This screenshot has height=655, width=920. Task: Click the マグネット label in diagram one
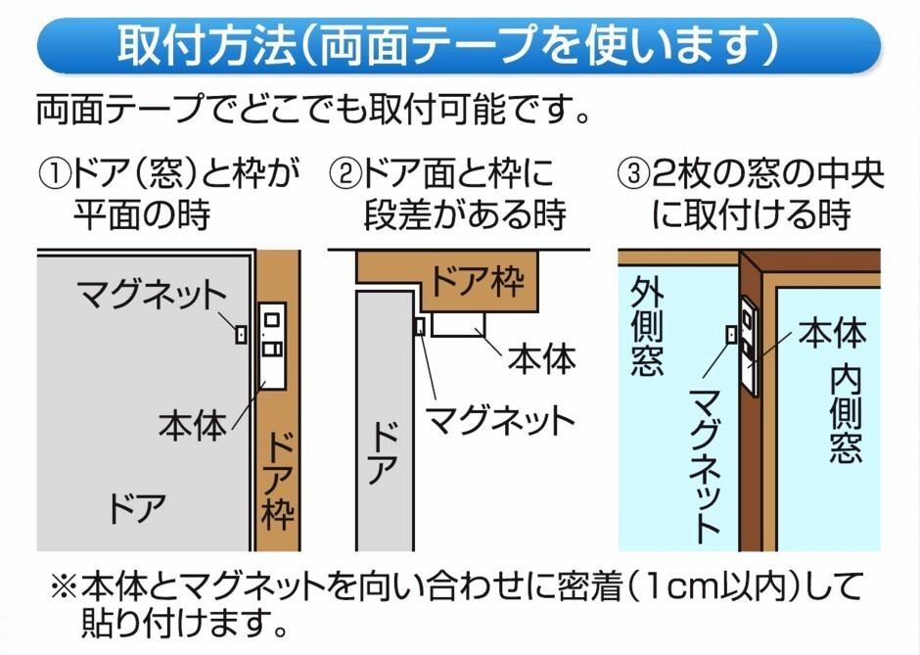[x=152, y=293]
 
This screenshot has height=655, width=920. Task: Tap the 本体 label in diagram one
[x=192, y=424]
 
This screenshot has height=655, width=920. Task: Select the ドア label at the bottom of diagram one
[x=136, y=509]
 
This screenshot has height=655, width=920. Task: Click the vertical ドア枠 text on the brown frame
[x=279, y=480]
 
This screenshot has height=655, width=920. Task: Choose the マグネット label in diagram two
[x=498, y=421]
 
